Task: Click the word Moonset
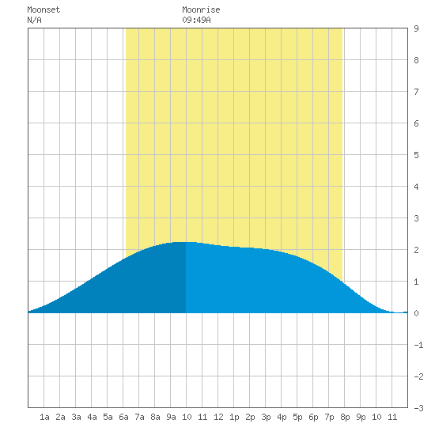(x=43, y=9)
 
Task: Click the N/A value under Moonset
(x=34, y=20)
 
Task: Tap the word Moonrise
(x=201, y=9)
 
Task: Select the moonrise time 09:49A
(x=196, y=20)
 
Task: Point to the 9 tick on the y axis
(x=416, y=28)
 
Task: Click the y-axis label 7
(x=416, y=92)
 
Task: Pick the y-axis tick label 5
(x=416, y=155)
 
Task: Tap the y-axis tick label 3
(x=416, y=218)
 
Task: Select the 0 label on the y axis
(x=416, y=313)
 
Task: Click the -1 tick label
(x=418, y=345)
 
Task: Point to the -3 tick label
(x=418, y=408)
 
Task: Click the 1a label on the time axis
(x=44, y=417)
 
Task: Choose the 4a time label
(x=92, y=417)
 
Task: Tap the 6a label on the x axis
(x=123, y=417)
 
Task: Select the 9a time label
(x=171, y=417)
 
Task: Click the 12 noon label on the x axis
(x=218, y=417)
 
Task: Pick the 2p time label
(x=250, y=417)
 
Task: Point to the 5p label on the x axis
(x=297, y=417)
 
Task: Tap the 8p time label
(x=345, y=417)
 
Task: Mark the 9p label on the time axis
(x=361, y=417)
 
